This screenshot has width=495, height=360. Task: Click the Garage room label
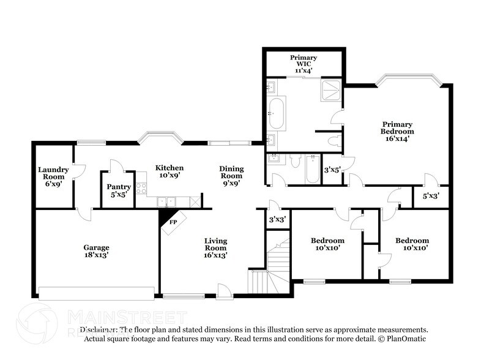pyautogui.click(x=96, y=252)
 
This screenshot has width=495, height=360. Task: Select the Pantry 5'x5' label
pyautogui.click(x=119, y=190)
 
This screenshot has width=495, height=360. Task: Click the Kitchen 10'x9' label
pyautogui.click(x=169, y=171)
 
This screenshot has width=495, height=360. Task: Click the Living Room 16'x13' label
pyautogui.click(x=215, y=248)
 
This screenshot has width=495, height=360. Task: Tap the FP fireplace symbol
pyautogui.click(x=173, y=222)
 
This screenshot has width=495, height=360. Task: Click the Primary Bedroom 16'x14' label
pyautogui.click(x=397, y=131)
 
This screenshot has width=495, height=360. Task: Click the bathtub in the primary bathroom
pyautogui.click(x=276, y=113)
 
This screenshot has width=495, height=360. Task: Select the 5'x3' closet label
pyautogui.click(x=430, y=197)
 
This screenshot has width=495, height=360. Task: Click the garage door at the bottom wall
pyautogui.click(x=97, y=293)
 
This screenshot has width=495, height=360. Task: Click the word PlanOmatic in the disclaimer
pyautogui.click(x=403, y=339)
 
